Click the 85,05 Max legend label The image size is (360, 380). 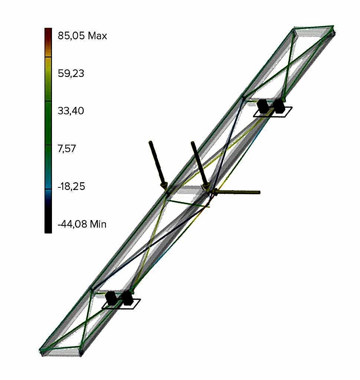82,36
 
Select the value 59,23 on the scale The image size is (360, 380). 71,73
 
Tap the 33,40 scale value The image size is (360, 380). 71,111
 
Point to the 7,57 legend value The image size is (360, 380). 67,148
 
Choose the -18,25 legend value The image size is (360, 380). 71,186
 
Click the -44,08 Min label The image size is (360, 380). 82,224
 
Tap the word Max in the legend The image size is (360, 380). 98,36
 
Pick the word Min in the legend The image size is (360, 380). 98,224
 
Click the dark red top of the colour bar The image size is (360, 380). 48,36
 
